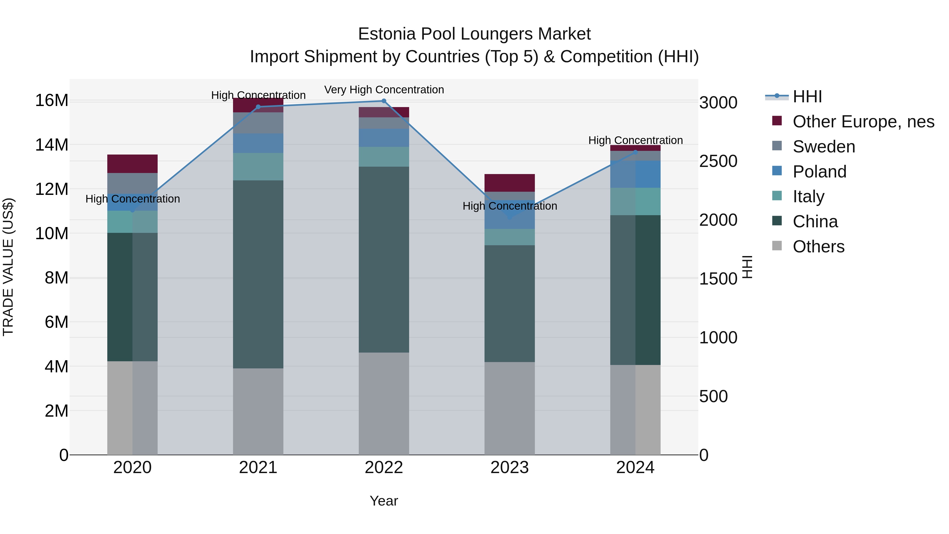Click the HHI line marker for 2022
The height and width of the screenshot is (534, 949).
pos(384,101)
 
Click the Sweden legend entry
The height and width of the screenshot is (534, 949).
pos(824,147)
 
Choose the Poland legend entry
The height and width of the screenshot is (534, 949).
pos(819,172)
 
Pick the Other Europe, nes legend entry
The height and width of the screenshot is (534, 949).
pos(863,122)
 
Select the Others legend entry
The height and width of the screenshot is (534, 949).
pos(818,247)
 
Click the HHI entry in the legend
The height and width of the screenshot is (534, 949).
pos(807,97)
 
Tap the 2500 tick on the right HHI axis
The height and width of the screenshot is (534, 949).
pos(718,161)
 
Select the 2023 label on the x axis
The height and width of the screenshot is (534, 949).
pos(510,468)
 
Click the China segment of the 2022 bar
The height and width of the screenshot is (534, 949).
pos(384,259)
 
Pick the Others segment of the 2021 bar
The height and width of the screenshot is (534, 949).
pos(258,411)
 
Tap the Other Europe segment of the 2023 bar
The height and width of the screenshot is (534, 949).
pos(510,183)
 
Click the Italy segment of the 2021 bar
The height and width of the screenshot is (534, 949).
pos(258,167)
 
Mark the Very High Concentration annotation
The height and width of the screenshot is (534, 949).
pos(384,90)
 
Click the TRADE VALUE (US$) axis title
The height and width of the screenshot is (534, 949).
pos(8,267)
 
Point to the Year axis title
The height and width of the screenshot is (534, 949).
pos(384,501)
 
